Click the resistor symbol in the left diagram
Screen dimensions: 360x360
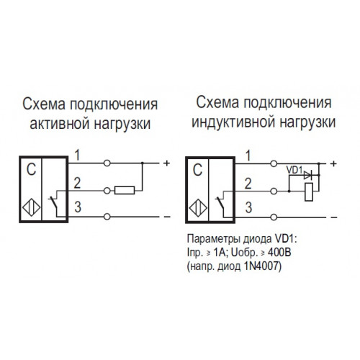pyautogui.click(x=125, y=190)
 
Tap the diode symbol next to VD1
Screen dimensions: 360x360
pyautogui.click(x=307, y=176)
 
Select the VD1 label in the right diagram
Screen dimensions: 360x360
pyautogui.click(x=294, y=170)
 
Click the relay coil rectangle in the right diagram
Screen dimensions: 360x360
pyautogui.click(x=309, y=192)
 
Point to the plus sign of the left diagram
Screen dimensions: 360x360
pyautogui.click(x=166, y=163)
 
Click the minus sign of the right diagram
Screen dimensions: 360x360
pyautogui.click(x=334, y=217)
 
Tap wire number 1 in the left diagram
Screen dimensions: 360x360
pyautogui.click(x=77, y=155)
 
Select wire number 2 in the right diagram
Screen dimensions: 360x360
pyautogui.click(x=248, y=184)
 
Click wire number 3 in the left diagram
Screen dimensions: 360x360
pyautogui.click(x=78, y=207)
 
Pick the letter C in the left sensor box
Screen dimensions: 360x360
pyautogui.click(x=31, y=170)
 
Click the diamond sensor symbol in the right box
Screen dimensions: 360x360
pyautogui.click(x=198, y=209)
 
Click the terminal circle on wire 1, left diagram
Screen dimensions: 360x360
pyautogui.click(x=107, y=163)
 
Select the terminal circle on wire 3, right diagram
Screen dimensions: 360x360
pyautogui.click(x=274, y=217)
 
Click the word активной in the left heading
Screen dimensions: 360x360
pyautogui.click(x=60, y=124)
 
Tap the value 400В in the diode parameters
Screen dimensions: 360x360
pyautogui.click(x=279, y=253)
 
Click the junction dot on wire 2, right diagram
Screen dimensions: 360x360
pyautogui.click(x=289, y=192)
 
